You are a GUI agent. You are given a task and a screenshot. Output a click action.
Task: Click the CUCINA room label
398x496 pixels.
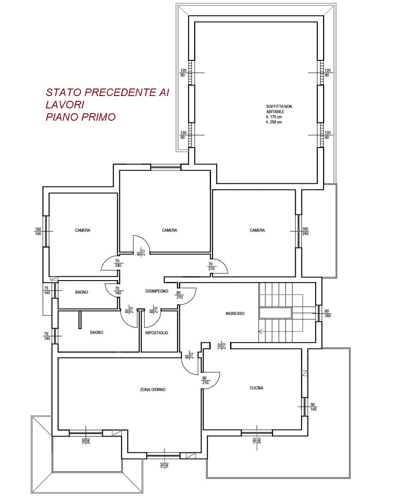tap(257, 388)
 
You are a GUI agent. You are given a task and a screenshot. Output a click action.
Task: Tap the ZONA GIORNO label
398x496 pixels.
tap(153, 390)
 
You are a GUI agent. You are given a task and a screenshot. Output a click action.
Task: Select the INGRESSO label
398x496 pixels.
tap(235, 314)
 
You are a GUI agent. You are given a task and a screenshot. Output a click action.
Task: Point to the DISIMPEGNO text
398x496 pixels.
tap(157, 291)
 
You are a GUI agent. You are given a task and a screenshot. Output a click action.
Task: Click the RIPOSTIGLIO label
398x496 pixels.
tap(156, 333)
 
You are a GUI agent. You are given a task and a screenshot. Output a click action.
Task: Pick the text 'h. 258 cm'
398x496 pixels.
tap(274, 122)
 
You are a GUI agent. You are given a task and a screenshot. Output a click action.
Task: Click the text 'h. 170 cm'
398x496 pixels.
tap(274, 117)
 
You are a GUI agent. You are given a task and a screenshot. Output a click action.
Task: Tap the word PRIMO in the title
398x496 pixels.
tap(98, 117)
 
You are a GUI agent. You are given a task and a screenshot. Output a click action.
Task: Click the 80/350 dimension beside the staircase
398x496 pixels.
tap(327, 314)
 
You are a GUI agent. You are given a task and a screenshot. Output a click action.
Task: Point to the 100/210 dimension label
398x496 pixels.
tap(221, 346)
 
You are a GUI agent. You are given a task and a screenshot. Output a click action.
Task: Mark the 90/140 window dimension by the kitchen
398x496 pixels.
tap(313, 407)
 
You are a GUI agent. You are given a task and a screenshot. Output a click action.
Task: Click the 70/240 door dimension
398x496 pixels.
tap(118, 263)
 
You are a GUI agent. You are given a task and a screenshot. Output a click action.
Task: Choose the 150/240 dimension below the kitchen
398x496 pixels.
tap(257, 440)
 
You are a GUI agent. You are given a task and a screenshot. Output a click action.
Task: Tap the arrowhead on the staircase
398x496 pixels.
tap(260, 332)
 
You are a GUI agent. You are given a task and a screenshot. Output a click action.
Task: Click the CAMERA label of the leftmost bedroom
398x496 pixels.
tap(82, 230)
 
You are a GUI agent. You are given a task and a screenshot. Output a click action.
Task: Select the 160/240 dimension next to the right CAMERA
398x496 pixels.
tap(305, 231)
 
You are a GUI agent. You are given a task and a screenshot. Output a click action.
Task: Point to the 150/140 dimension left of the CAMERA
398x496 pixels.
tap(38, 232)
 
